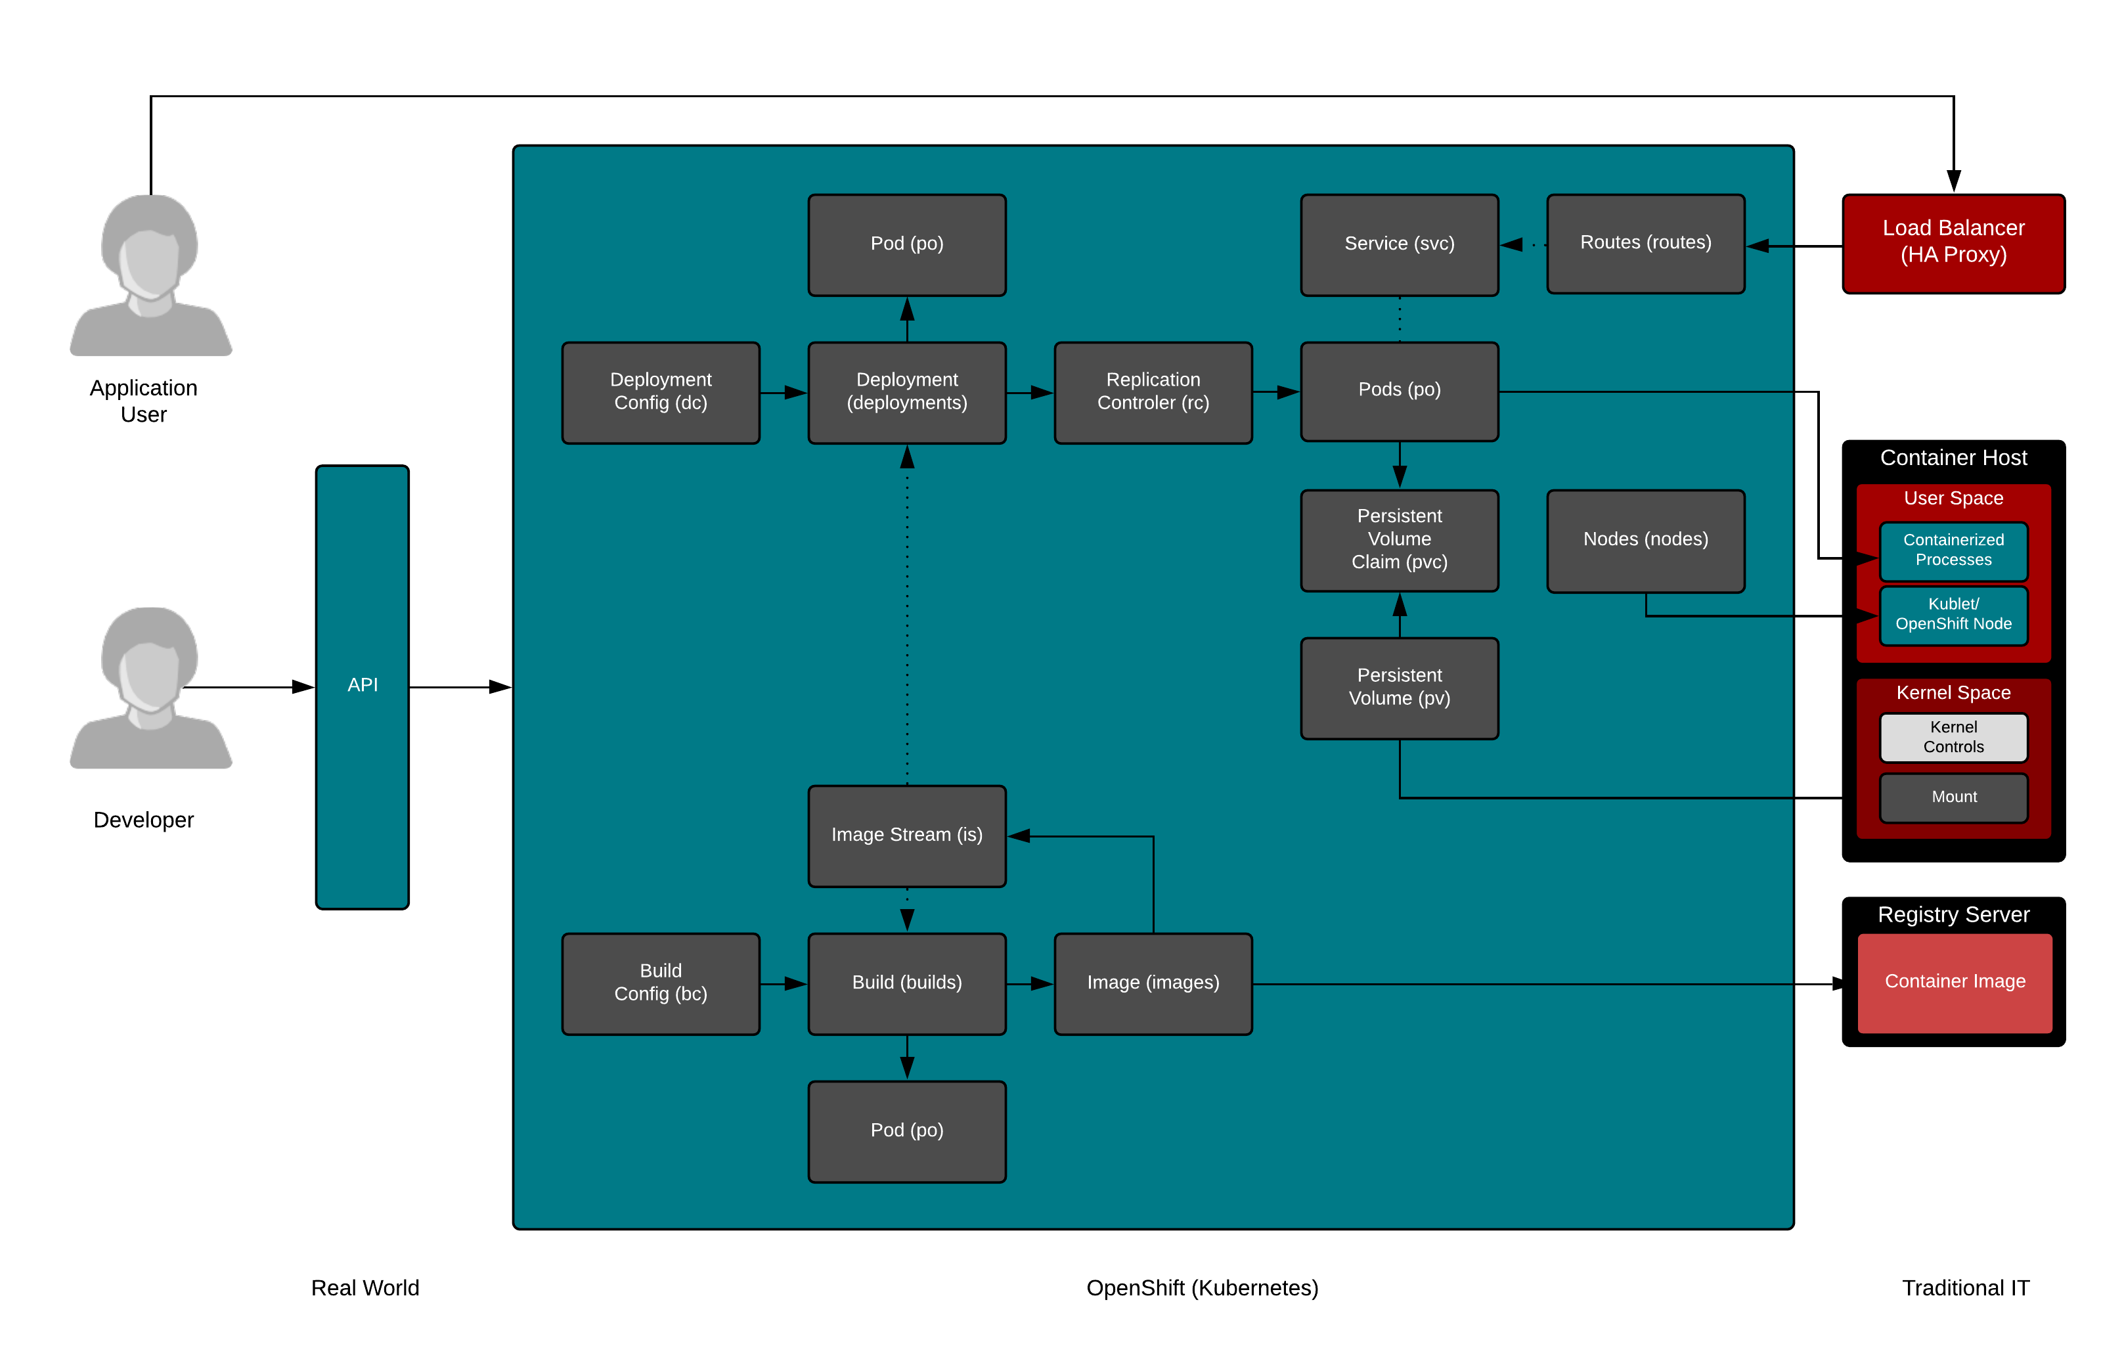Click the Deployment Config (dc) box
tap(660, 392)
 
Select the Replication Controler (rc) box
tap(1153, 392)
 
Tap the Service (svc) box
tap(1399, 244)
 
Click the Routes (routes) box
tap(1645, 244)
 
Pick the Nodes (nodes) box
tap(1645, 540)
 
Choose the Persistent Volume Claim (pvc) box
tap(1399, 540)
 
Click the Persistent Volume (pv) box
tap(1399, 688)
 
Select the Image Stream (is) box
tap(906, 835)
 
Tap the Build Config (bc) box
tap(660, 983)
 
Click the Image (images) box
tap(1153, 983)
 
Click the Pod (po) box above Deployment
tap(906, 244)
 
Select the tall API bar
tap(362, 686)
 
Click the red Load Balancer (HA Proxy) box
tap(1953, 243)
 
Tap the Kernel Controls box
tap(1953, 737)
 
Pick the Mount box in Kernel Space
tap(1953, 797)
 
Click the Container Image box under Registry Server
tap(1955, 983)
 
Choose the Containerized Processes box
tap(1953, 550)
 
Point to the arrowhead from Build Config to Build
tap(795, 983)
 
